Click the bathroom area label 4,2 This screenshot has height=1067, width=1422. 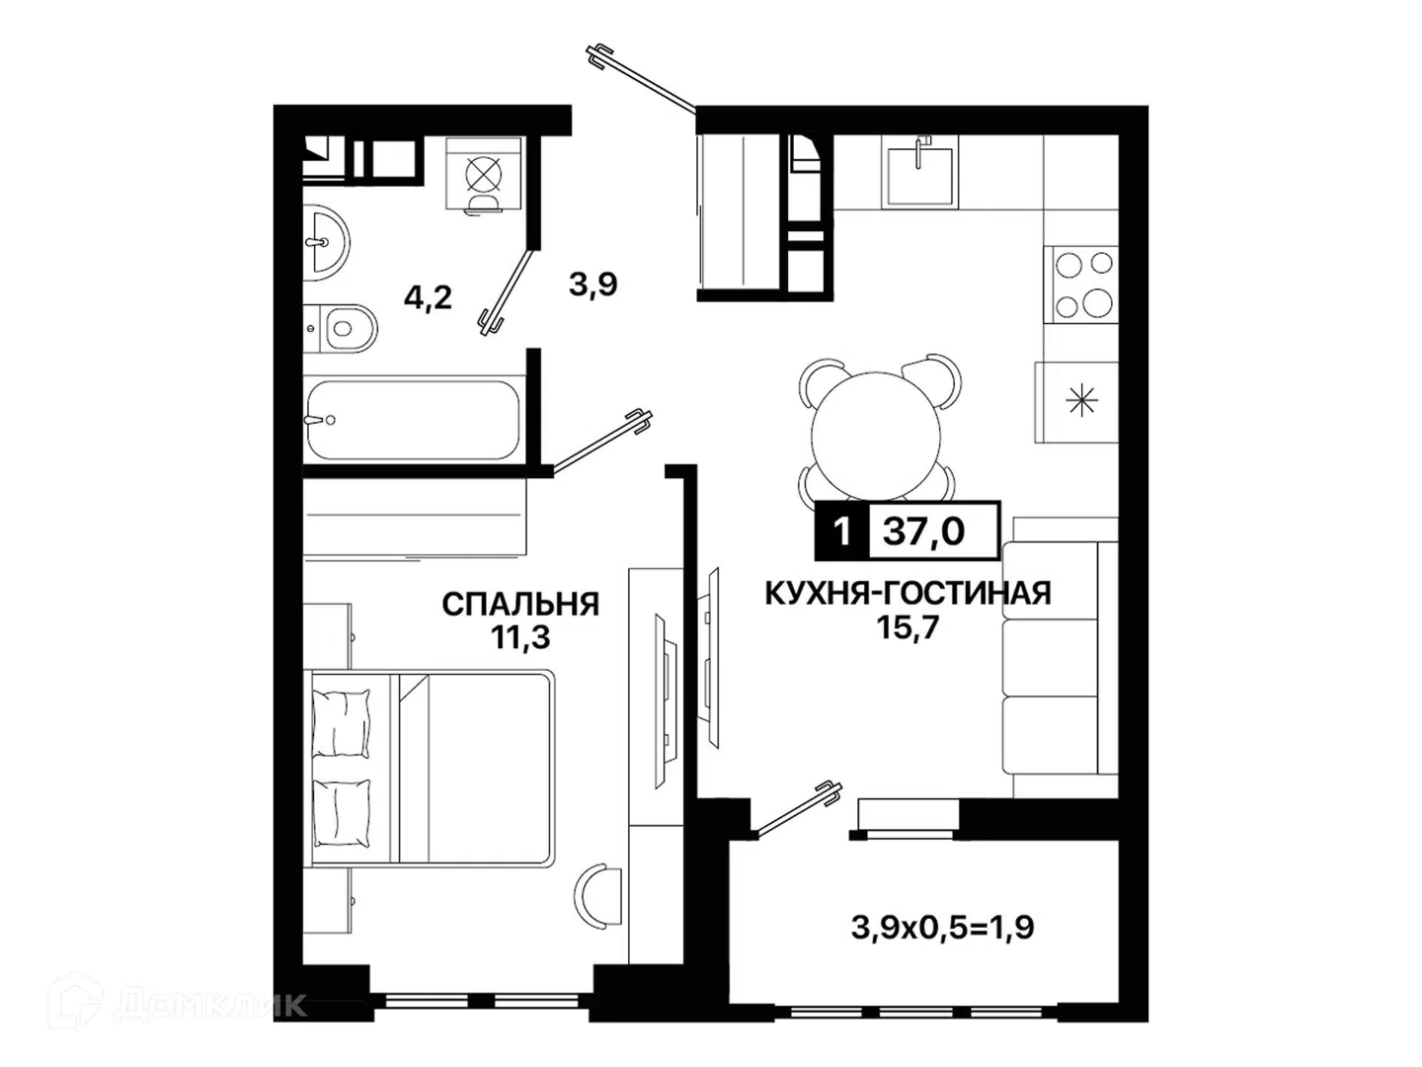click(428, 298)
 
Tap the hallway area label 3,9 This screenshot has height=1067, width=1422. click(592, 284)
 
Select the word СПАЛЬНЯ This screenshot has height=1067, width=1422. click(520, 605)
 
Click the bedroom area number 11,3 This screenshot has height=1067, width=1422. click(520, 637)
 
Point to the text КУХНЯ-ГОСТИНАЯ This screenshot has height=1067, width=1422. click(908, 594)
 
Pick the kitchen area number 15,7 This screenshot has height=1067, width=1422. click(908, 626)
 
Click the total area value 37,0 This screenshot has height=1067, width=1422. click(924, 532)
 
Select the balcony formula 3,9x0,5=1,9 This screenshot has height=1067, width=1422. click(943, 929)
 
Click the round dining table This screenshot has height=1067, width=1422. click(876, 437)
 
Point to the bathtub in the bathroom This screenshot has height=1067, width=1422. click(413, 420)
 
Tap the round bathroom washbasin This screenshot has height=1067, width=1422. click(327, 242)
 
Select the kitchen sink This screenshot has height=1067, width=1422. click(919, 173)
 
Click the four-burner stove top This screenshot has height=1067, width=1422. click(1084, 284)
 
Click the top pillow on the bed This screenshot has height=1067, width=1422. click(342, 721)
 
